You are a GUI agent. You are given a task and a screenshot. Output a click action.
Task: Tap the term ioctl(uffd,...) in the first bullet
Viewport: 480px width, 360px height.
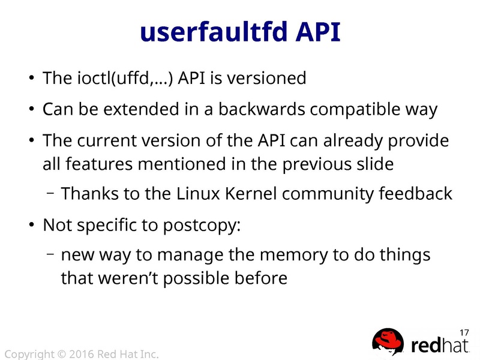point(127,78)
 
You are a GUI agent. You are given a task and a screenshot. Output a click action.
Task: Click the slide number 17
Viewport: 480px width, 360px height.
point(463,332)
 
